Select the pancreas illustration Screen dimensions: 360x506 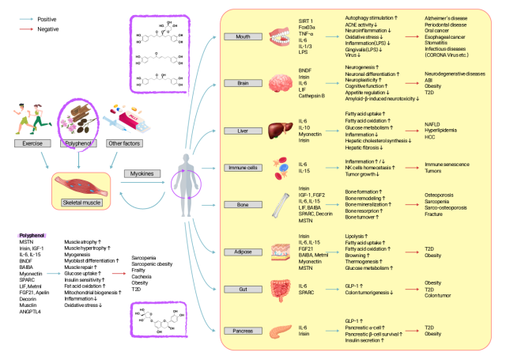tap(280, 331)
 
